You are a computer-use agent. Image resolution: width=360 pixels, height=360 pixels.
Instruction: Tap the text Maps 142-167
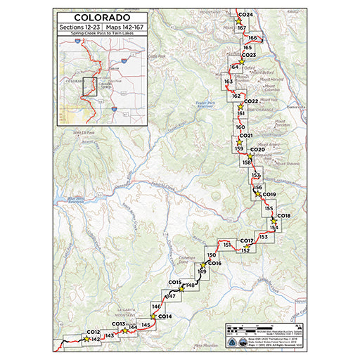point(122,28)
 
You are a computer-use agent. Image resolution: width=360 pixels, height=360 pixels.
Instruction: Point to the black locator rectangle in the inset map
point(89,86)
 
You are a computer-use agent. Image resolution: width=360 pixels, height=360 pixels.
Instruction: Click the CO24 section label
point(245,15)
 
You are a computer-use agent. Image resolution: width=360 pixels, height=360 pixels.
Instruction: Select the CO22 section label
point(251,101)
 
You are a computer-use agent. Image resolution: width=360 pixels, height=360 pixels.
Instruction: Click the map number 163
point(229,82)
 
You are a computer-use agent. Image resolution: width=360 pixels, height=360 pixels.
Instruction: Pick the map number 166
point(253,38)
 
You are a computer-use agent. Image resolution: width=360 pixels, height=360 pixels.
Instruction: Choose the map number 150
point(212,254)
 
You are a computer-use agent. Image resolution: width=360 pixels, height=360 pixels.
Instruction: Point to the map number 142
point(94,340)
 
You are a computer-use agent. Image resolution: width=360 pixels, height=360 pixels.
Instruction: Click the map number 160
point(240,127)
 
